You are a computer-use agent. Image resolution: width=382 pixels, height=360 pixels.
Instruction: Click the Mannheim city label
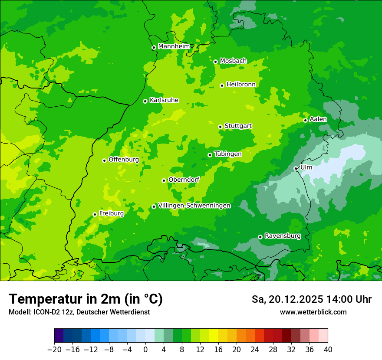click(174, 46)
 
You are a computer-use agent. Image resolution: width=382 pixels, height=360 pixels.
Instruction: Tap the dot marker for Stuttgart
click(220, 127)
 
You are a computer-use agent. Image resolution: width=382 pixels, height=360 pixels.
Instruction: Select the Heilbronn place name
click(241, 85)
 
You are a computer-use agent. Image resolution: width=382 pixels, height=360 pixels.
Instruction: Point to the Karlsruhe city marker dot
click(145, 101)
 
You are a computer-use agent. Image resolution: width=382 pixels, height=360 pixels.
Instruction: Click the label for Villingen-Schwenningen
click(194, 206)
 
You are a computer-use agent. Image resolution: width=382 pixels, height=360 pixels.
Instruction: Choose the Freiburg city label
click(111, 213)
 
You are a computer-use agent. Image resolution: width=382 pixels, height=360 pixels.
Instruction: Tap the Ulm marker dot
click(296, 168)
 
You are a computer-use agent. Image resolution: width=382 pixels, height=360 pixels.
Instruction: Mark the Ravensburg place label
click(282, 236)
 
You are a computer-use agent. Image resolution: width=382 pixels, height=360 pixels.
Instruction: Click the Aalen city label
click(318, 119)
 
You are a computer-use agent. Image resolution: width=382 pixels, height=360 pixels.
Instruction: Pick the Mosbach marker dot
click(215, 62)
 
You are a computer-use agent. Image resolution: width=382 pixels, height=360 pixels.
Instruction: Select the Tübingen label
click(228, 154)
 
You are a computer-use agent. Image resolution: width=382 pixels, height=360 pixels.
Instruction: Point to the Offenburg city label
click(124, 160)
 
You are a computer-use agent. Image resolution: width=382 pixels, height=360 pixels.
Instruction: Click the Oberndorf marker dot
click(164, 180)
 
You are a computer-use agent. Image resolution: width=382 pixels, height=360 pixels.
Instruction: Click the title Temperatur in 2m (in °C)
click(86, 299)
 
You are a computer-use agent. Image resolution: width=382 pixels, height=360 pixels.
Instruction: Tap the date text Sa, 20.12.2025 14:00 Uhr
click(311, 299)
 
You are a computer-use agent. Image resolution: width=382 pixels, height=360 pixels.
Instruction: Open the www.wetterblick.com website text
click(313, 312)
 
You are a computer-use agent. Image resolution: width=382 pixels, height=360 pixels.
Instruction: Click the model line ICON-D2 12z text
click(79, 312)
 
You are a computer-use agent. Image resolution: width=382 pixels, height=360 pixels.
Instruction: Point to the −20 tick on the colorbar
click(54, 350)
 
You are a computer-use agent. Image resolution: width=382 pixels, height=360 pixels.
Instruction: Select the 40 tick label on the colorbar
click(328, 350)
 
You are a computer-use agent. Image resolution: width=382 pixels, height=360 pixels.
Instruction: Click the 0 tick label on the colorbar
click(145, 350)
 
